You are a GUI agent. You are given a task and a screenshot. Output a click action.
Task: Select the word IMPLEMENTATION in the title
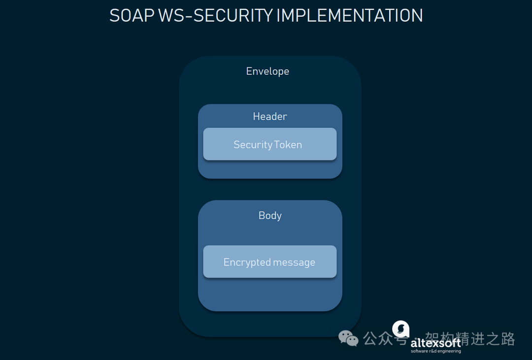click(x=349, y=16)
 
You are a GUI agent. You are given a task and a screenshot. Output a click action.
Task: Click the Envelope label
click(x=267, y=71)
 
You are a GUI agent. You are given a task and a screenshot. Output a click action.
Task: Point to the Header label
click(x=270, y=117)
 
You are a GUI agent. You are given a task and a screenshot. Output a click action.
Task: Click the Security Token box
click(x=270, y=144)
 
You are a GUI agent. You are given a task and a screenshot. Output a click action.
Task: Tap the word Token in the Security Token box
click(x=288, y=145)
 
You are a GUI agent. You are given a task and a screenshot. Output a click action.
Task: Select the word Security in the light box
click(x=253, y=145)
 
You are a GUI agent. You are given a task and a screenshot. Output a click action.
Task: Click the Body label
click(x=270, y=216)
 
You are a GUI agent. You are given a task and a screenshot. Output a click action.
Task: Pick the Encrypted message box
click(x=270, y=262)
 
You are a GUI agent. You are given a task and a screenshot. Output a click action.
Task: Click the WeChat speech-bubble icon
click(x=349, y=338)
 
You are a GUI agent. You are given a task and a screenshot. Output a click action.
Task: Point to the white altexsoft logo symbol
click(x=400, y=329)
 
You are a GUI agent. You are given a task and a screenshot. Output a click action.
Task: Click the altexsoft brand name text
click(x=436, y=343)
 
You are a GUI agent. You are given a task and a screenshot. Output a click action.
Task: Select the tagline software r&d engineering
click(x=436, y=352)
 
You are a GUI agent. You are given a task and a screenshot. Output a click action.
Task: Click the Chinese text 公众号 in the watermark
click(x=384, y=339)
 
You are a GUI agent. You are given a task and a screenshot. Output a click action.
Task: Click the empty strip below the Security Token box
click(x=270, y=169)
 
